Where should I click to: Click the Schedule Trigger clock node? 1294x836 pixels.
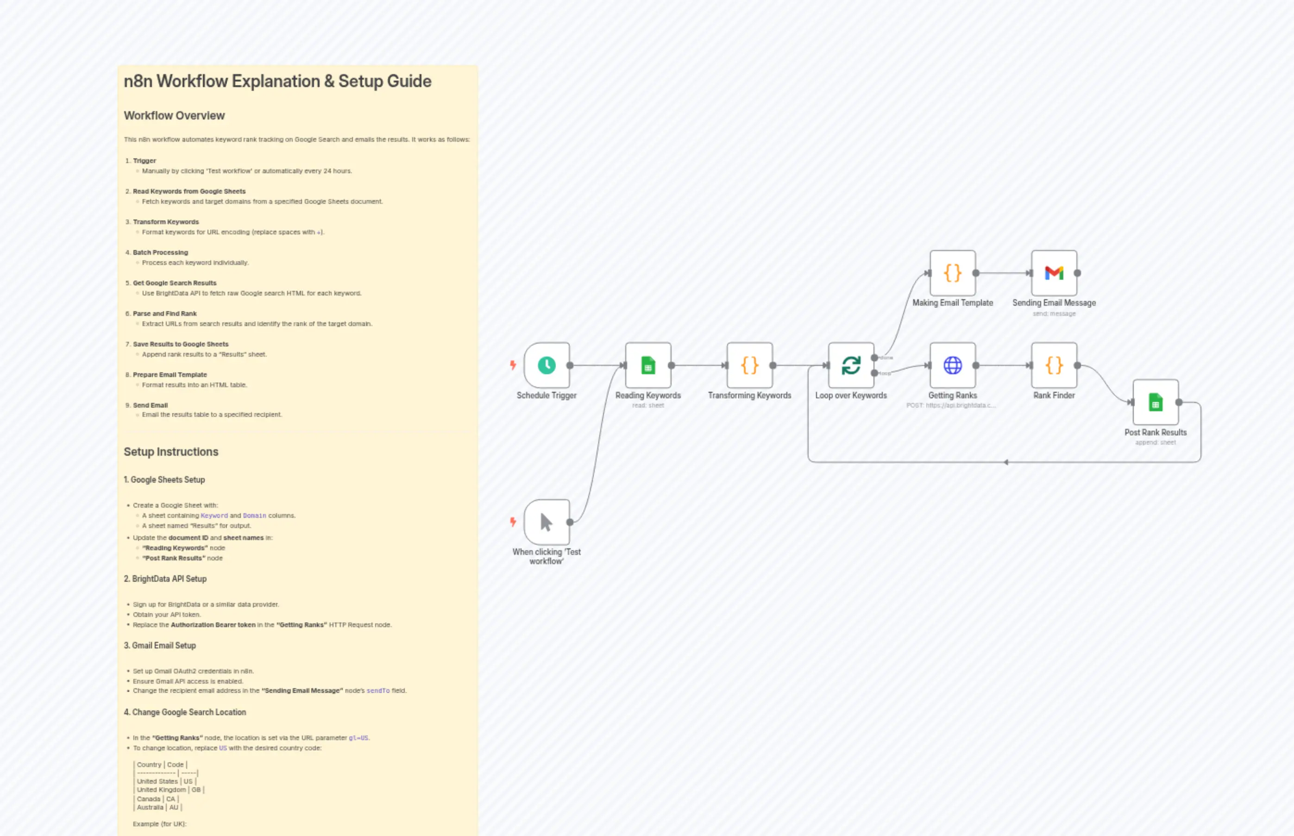(x=546, y=365)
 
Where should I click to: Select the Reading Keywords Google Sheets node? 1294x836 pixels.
(x=648, y=365)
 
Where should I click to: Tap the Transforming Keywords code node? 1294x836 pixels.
(x=750, y=365)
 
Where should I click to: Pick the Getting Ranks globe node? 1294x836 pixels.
(x=953, y=365)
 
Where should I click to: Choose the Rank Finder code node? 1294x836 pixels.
(x=1054, y=365)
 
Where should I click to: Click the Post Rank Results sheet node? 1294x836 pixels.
(x=1156, y=402)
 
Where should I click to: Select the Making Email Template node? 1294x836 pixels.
(x=953, y=273)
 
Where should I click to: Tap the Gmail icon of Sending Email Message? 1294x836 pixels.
(x=1054, y=273)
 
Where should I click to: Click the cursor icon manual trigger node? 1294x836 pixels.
(x=546, y=522)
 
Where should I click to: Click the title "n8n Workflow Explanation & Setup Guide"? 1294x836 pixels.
(x=277, y=82)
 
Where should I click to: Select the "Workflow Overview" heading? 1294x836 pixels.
(x=174, y=116)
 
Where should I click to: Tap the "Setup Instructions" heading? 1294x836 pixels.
(x=171, y=452)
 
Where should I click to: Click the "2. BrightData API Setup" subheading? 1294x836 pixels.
(x=165, y=578)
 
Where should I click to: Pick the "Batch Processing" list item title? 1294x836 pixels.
(x=161, y=252)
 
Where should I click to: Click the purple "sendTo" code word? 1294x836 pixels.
(x=378, y=691)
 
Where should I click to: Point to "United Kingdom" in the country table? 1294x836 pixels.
(x=161, y=790)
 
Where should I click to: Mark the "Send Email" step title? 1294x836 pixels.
(x=151, y=405)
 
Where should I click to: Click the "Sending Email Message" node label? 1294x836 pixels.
(x=1054, y=303)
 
